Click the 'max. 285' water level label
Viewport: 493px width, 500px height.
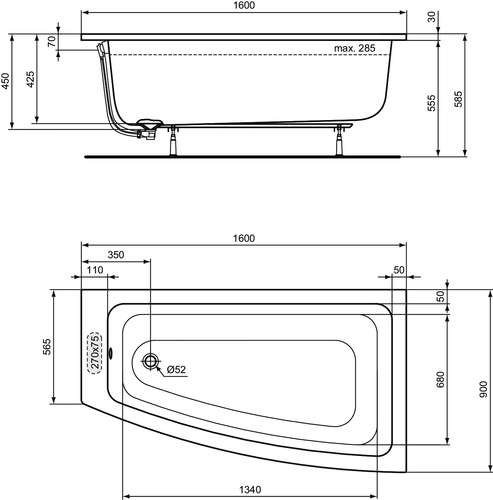(x=354, y=48)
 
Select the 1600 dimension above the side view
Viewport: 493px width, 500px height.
(x=244, y=6)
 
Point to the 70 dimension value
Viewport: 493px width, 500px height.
(x=52, y=42)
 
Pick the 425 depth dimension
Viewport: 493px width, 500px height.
(x=30, y=79)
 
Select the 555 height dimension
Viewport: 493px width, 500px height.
(x=431, y=103)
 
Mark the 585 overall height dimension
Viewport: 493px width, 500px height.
(x=458, y=99)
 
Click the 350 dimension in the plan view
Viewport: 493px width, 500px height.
(x=116, y=255)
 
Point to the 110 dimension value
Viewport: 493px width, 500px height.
(x=95, y=270)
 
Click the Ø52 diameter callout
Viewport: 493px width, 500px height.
(x=176, y=370)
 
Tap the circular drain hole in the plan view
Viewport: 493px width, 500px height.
(x=150, y=361)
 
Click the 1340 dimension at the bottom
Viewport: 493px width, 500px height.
(x=250, y=489)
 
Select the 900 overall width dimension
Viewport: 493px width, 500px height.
(x=483, y=389)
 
